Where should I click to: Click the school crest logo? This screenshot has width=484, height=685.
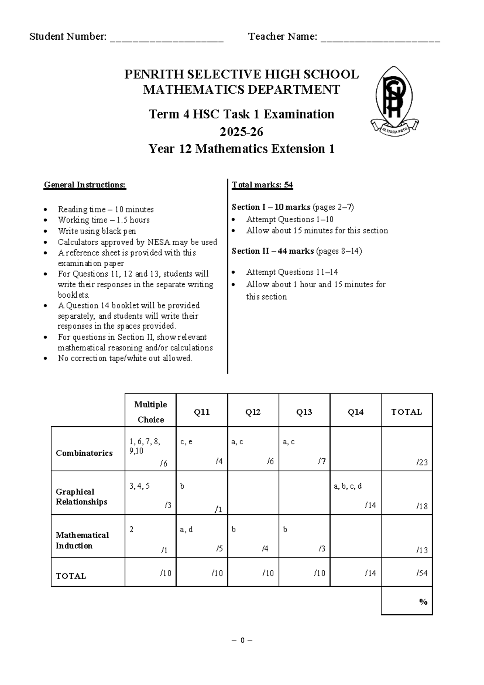[394, 101]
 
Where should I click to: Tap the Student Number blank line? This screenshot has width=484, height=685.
[166, 39]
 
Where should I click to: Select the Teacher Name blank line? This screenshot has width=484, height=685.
[380, 39]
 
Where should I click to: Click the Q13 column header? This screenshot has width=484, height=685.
[304, 412]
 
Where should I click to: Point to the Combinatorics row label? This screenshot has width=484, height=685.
[84, 453]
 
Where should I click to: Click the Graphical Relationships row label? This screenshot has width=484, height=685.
[81, 496]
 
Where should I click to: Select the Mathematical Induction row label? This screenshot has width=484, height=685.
[82, 540]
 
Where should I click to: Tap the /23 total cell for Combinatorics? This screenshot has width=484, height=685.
[407, 449]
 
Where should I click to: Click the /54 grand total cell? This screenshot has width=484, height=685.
[407, 572]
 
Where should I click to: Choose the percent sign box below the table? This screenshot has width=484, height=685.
[407, 601]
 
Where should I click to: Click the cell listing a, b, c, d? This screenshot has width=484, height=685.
[355, 493]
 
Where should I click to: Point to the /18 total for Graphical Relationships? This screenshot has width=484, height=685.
[407, 493]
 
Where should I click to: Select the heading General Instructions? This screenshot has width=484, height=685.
[85, 185]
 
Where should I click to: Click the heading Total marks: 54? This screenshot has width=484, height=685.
[262, 185]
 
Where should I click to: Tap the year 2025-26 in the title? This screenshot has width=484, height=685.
[241, 132]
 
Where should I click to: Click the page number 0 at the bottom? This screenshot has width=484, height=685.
[242, 640]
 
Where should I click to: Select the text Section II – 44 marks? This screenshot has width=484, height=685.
[273, 251]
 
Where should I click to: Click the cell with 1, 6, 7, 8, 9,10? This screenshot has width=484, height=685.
[150, 449]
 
